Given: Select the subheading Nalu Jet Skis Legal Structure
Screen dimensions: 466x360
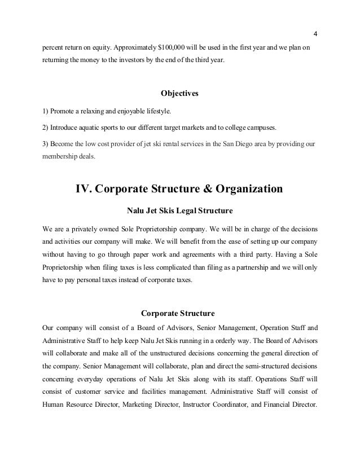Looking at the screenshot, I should pos(180,212).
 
